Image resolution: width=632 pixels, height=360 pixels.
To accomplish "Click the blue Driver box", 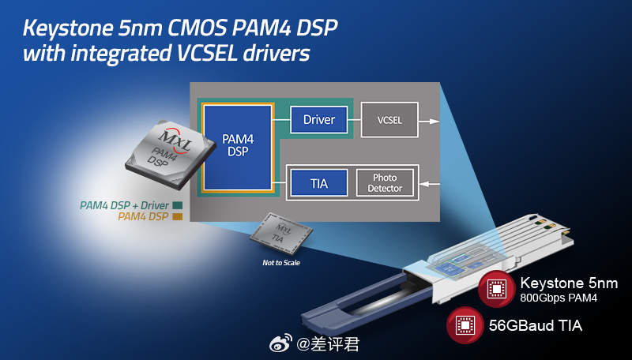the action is pos(319,119).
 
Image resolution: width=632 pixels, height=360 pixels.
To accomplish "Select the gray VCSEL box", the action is pos(389,119).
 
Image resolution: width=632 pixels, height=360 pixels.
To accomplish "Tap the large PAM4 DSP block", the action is pos(238,148).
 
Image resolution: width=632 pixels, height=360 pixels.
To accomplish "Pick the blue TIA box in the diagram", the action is pos(319,183).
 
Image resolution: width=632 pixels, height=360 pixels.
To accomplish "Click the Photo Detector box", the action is pos(385,183).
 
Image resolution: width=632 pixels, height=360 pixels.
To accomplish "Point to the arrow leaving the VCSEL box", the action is pos(429,122).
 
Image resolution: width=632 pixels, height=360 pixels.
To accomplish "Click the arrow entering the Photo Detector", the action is pos(429,184).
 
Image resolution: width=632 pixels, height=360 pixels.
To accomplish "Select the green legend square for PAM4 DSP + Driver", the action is pos(177,205).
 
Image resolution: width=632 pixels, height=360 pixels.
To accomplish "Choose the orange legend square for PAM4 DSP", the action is pos(177,216).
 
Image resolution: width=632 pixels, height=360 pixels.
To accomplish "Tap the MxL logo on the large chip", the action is pos(175,139).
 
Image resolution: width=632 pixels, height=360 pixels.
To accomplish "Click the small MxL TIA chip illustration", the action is pos(281,234).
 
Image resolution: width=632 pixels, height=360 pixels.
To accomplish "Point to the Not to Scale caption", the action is pos(281,263).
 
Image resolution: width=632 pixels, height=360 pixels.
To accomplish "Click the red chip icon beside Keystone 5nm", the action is pos(497,289).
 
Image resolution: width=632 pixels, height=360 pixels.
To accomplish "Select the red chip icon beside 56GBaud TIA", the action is pos(465,325).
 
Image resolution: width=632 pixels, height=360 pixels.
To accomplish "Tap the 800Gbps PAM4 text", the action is pos(559,298).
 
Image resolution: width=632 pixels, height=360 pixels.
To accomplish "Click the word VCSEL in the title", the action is pos(207,53).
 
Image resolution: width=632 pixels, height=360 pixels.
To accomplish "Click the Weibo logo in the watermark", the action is pos(281,343).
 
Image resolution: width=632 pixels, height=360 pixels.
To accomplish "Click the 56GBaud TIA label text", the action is pos(536,325).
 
